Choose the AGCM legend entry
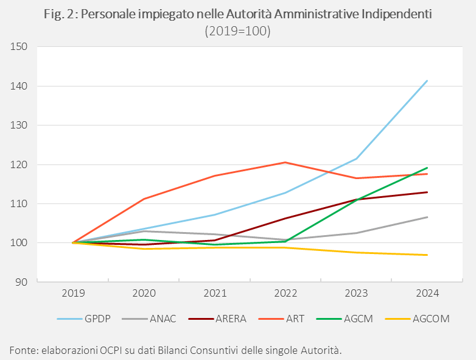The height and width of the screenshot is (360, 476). (357, 318)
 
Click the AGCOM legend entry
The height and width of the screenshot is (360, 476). (430, 318)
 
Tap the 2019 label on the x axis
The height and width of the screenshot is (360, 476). (73, 293)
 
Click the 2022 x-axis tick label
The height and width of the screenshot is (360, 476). (285, 293)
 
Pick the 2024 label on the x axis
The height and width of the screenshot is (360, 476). (427, 293)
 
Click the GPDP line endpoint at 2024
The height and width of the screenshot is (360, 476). (427, 80)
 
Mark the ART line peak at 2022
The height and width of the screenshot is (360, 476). (285, 162)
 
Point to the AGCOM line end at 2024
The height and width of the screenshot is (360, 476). (427, 255)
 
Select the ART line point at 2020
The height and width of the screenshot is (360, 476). (144, 199)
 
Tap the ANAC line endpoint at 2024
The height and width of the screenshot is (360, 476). (427, 217)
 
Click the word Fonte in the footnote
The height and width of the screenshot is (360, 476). (23, 350)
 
